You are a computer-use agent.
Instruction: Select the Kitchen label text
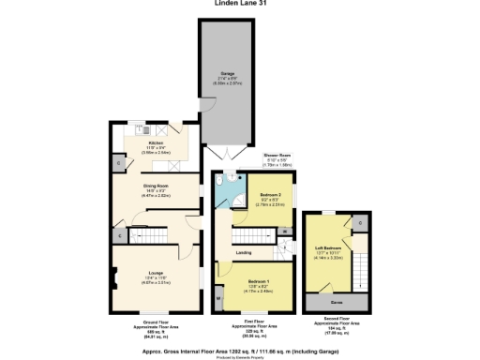(156, 143)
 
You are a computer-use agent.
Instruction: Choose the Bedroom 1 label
(258, 281)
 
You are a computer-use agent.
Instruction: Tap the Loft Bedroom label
(327, 248)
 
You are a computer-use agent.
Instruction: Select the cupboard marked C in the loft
(360, 222)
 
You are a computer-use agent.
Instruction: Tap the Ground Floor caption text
(156, 322)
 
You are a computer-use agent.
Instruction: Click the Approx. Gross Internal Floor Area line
(239, 344)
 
